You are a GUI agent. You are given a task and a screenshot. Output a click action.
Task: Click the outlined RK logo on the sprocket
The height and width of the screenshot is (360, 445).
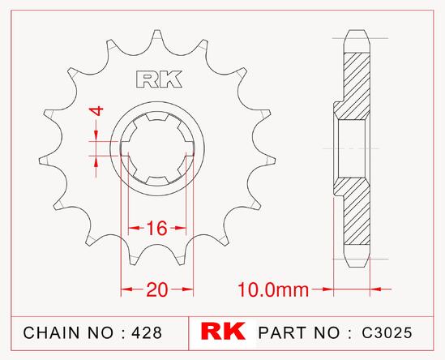[159, 79]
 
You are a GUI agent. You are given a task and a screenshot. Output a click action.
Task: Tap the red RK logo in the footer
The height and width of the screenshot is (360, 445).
[223, 331]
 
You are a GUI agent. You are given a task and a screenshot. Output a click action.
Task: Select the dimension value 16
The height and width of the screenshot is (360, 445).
[156, 228]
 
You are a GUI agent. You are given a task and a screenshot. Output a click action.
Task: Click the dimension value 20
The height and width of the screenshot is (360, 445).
[157, 289]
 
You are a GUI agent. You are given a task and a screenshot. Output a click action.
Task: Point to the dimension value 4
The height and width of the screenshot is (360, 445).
[96, 111]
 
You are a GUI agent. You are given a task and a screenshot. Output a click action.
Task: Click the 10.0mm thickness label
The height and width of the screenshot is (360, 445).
[273, 290]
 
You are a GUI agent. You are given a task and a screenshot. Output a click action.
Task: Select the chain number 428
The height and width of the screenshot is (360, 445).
[147, 332]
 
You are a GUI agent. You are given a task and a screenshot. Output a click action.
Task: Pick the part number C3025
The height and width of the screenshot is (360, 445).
[387, 332]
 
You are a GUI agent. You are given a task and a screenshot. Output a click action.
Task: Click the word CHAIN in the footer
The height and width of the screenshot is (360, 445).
[51, 332]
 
